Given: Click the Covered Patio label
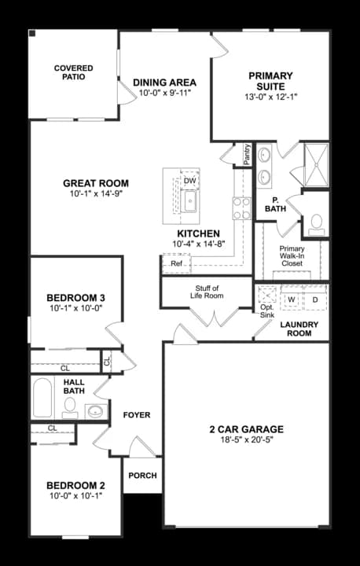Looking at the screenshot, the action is tap(74, 72).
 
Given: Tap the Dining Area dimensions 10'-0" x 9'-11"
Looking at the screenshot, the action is tap(164, 93).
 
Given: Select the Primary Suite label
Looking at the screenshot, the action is tap(270, 81).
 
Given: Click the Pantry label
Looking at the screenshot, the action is tap(247, 155).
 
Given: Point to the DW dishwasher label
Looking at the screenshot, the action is tap(189, 181).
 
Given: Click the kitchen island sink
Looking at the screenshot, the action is tap(190, 201).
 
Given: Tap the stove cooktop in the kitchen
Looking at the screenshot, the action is tap(242, 208).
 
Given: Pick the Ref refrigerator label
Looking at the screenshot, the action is tap(176, 263).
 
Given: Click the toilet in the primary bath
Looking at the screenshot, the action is tap(316, 225).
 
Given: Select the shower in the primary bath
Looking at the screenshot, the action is tap(316, 165).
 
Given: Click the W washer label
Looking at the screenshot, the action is tap(292, 299).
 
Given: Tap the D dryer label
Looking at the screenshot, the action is tap(315, 299).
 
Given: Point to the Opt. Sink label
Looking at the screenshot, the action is tap(267, 311).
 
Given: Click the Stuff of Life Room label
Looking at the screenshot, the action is tap(209, 292).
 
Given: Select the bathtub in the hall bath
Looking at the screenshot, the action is tap(42, 398).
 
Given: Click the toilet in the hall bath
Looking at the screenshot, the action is tap(70, 408).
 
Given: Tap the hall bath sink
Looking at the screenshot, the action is tap(96, 411).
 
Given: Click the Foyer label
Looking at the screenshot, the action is tap(137, 415).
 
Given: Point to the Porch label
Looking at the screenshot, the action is tap(142, 476).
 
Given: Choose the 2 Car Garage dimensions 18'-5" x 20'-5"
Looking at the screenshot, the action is tap(247, 439).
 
